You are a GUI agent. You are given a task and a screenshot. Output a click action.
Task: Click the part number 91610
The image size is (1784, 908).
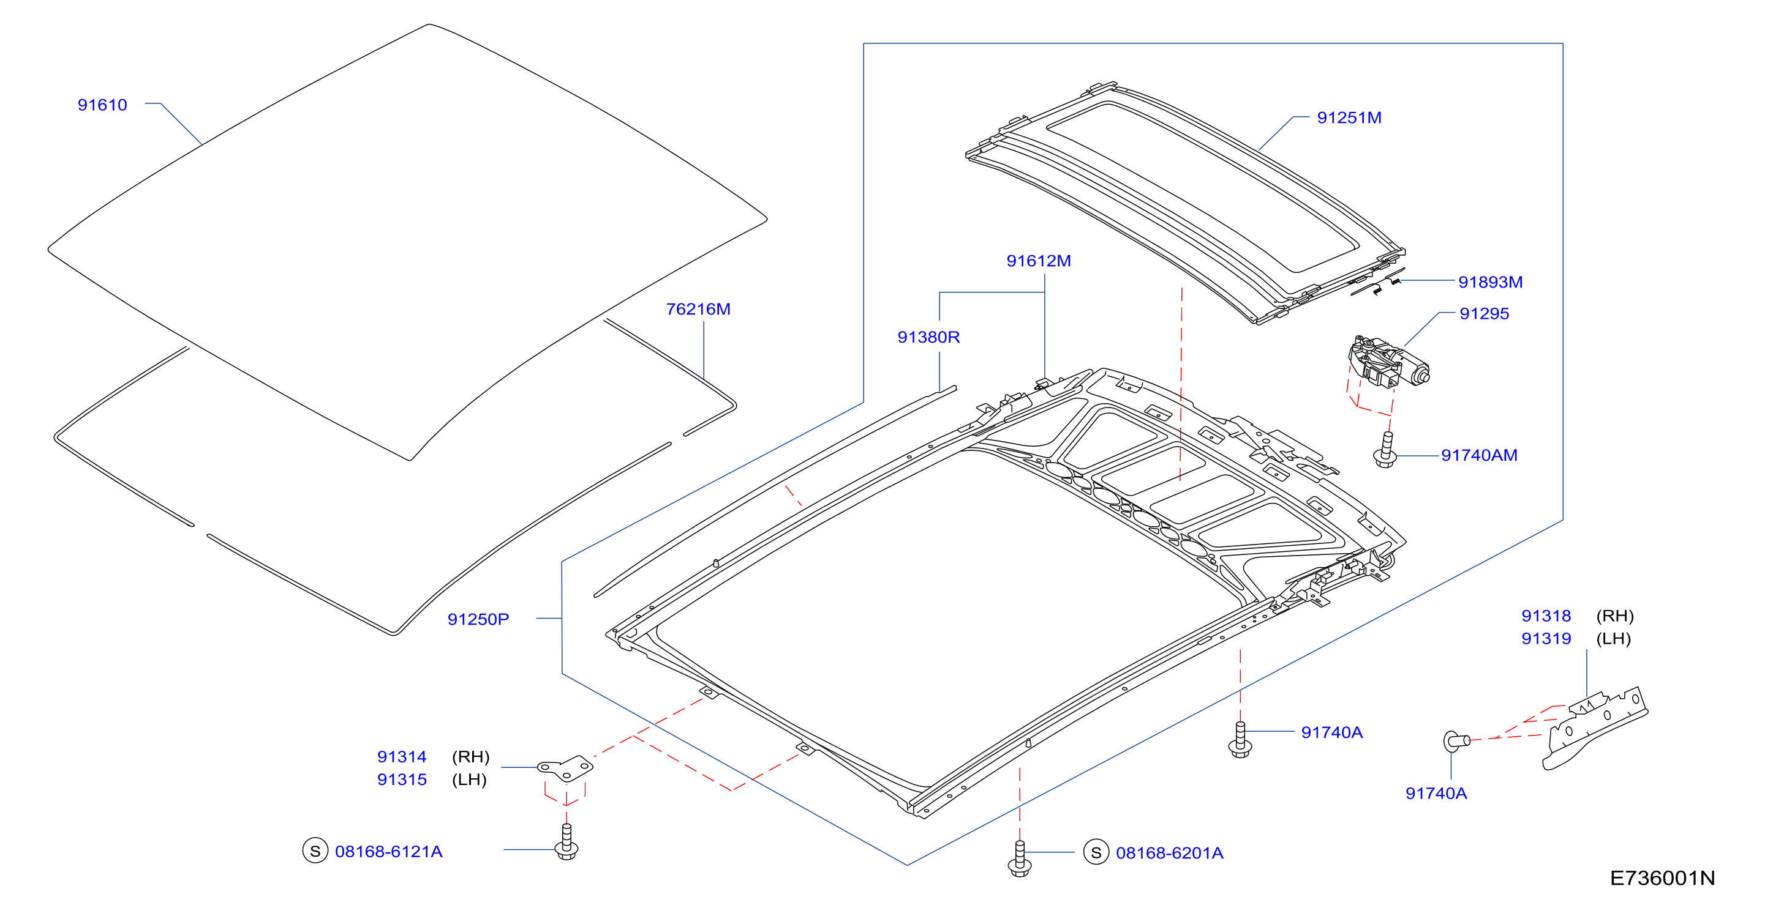pyautogui.click(x=102, y=105)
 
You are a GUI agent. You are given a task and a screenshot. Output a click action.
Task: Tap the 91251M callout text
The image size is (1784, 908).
pyautogui.click(x=1349, y=117)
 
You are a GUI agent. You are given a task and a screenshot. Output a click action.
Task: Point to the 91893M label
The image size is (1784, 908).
pyautogui.click(x=1491, y=281)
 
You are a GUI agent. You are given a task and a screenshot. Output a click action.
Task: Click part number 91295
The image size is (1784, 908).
pyautogui.click(x=1484, y=313)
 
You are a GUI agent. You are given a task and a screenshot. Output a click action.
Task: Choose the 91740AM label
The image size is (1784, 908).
pyautogui.click(x=1479, y=455)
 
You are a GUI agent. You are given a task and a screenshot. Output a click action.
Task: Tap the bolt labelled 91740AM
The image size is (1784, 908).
pyautogui.click(x=1385, y=449)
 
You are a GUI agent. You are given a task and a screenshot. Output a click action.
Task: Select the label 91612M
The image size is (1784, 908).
pyautogui.click(x=1038, y=261)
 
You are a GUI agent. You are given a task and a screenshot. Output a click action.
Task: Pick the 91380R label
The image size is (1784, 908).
pyautogui.click(x=928, y=337)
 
